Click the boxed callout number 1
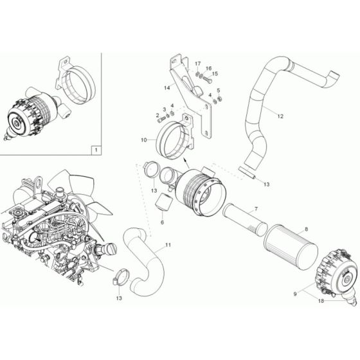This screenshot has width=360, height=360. (x=96, y=149)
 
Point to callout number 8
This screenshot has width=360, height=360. (x=306, y=228)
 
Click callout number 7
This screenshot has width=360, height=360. (x=255, y=209)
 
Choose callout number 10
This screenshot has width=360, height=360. (x=143, y=138)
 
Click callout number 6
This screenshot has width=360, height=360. (x=162, y=222)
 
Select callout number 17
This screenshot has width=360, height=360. (x=198, y=64)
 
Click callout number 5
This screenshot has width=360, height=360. (x=219, y=91)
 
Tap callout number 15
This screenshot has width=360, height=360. (x=215, y=74)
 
